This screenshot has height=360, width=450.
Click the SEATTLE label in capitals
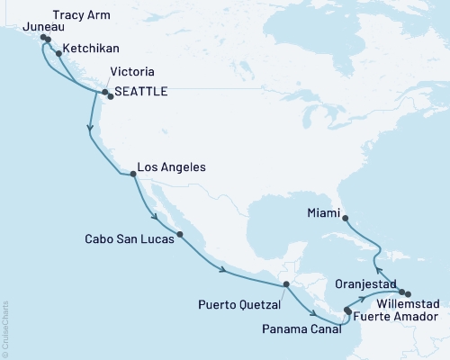pyautogui.click(x=144, y=92)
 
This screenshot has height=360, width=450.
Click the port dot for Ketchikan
pyautogui.click(x=58, y=53)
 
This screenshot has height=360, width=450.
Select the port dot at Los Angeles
pyautogui.click(x=133, y=176)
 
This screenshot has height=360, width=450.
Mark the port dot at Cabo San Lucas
pyautogui.click(x=180, y=235)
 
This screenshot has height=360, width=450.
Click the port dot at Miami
pyautogui.click(x=347, y=217)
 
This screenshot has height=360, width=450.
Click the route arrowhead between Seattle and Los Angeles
pyautogui.click(x=89, y=130)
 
